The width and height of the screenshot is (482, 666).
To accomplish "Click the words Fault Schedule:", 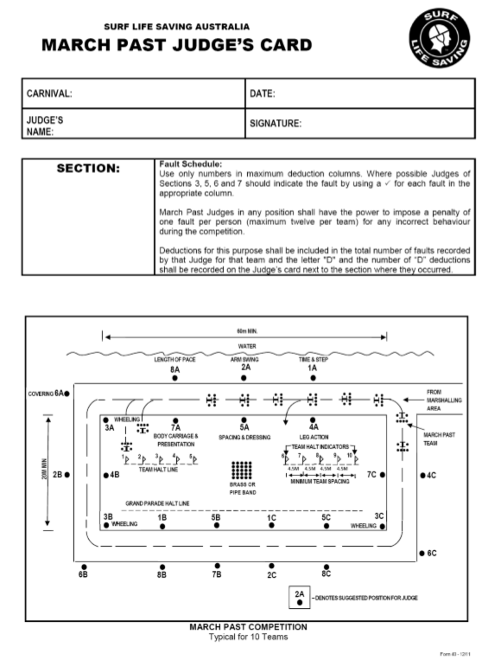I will (x=190, y=163).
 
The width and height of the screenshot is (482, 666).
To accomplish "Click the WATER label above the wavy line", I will (x=247, y=346).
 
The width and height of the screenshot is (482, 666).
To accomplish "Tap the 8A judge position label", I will (x=175, y=368).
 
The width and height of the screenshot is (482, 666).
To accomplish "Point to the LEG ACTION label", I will (x=314, y=438).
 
